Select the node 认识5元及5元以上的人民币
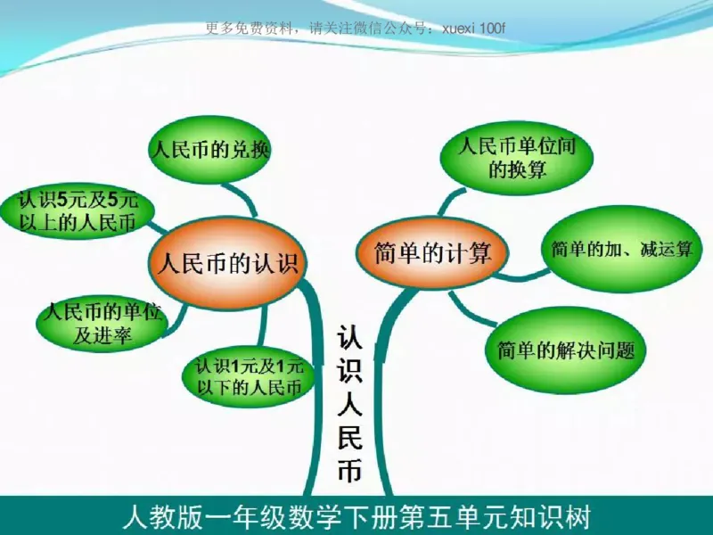click(78, 211)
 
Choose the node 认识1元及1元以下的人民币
click(248, 376)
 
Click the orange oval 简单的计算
click(433, 252)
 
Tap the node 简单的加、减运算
click(621, 249)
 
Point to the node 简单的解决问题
click(566, 350)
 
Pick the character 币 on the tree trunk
click(350, 471)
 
